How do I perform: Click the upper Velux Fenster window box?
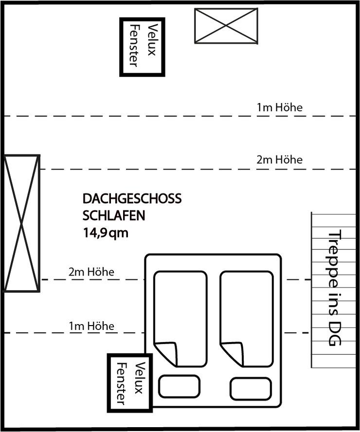(121, 47)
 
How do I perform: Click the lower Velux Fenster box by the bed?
(108, 383)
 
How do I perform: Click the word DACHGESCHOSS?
(132, 199)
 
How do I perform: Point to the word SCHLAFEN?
(114, 215)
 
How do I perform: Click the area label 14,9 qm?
(106, 233)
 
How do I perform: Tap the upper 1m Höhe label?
(279, 107)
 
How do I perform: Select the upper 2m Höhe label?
(279, 159)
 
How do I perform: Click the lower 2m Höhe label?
(91, 272)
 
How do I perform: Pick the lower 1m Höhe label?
(91, 326)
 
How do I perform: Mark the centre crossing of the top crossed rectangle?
(226, 26)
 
